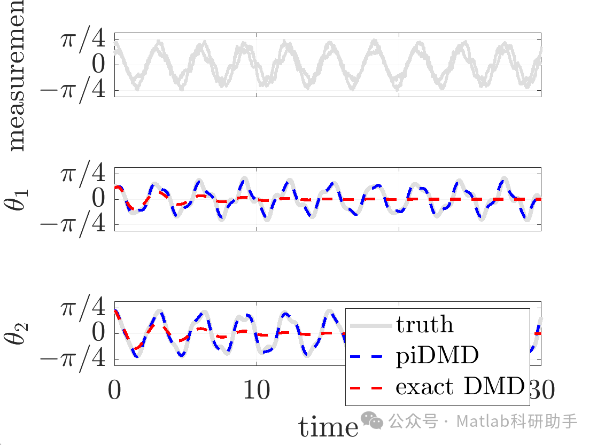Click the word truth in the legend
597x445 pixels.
tap(424, 324)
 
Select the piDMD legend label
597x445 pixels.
tap(437, 355)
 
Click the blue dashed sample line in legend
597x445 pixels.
tap(370, 356)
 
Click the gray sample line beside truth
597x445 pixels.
tap(370, 325)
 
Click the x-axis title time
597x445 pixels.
tap(328, 427)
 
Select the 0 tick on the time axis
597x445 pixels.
tap(114, 390)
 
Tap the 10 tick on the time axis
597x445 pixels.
tap(257, 390)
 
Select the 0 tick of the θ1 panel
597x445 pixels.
tap(99, 199)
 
